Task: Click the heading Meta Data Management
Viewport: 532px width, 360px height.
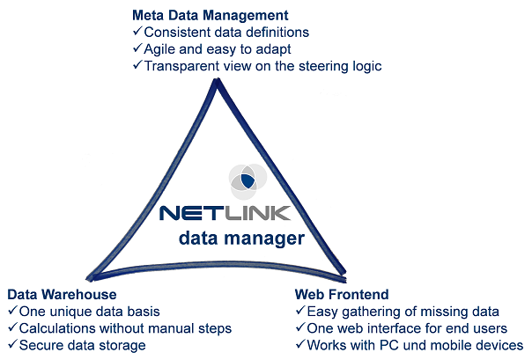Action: [211, 15]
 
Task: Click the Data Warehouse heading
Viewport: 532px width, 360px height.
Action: [62, 294]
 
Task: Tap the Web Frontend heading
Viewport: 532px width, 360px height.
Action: [342, 294]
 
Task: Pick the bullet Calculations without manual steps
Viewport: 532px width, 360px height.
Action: [124, 327]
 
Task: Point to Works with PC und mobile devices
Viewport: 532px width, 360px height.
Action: [414, 345]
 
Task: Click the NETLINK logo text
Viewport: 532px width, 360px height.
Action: [234, 213]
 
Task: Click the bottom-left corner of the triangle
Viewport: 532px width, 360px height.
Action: [87, 276]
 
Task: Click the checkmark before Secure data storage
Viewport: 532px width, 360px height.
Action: [11, 345]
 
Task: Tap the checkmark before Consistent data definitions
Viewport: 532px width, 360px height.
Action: [137, 33]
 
